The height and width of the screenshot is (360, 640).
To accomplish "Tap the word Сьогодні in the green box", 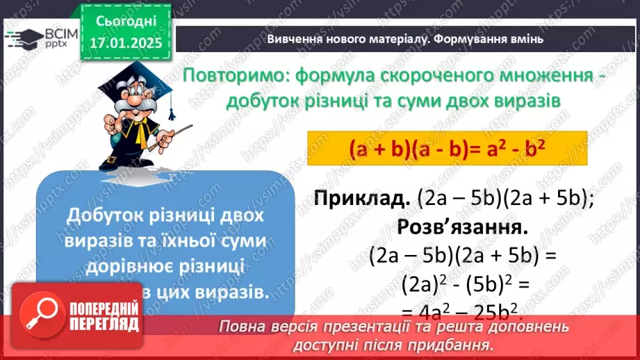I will point(126,22).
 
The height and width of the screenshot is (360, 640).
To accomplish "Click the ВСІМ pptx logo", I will point(39,38).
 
